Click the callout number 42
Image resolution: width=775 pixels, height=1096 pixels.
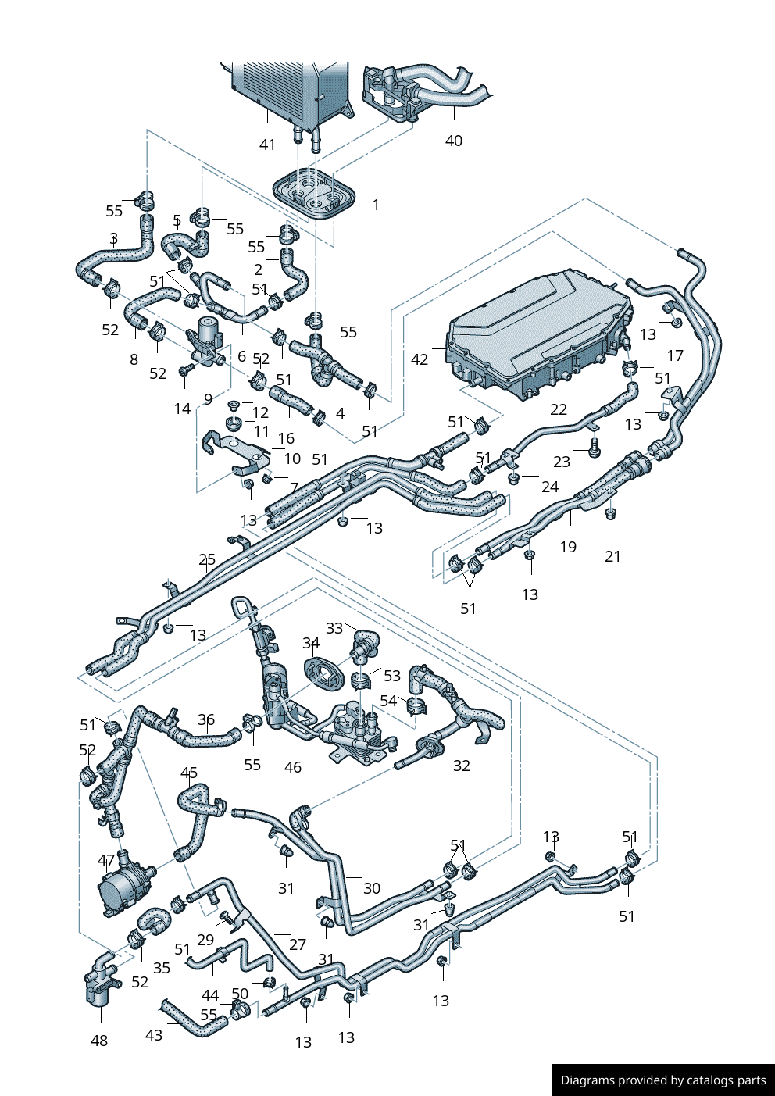(x=420, y=359)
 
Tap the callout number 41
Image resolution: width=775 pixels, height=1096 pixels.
(x=267, y=145)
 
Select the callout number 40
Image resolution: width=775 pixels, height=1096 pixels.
(x=454, y=141)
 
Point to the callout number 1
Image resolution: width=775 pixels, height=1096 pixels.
(x=376, y=205)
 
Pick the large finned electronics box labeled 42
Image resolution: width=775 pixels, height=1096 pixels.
(x=539, y=332)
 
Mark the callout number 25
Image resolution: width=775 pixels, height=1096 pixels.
(x=207, y=559)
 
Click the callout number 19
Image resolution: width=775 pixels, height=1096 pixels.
(x=568, y=547)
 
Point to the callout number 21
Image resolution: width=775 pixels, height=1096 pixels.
(x=612, y=556)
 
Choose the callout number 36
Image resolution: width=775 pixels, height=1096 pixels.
(x=205, y=719)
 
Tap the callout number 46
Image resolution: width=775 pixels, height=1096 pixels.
(x=293, y=767)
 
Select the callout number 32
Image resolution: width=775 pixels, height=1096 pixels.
(x=462, y=766)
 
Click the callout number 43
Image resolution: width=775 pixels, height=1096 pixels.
(x=154, y=1034)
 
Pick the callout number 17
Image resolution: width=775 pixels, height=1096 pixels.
(x=675, y=355)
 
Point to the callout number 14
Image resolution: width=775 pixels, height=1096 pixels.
(x=182, y=409)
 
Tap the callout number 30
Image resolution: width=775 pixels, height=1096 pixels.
(x=372, y=888)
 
